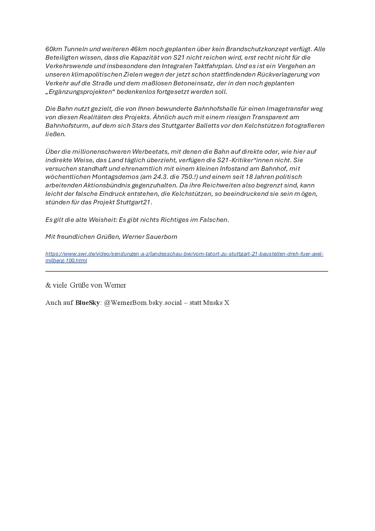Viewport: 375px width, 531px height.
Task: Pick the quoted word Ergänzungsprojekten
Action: (80, 92)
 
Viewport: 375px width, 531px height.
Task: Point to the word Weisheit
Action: (103, 220)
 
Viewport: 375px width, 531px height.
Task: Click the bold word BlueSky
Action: (87, 303)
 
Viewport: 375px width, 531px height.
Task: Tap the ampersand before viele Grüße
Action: (48, 285)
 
